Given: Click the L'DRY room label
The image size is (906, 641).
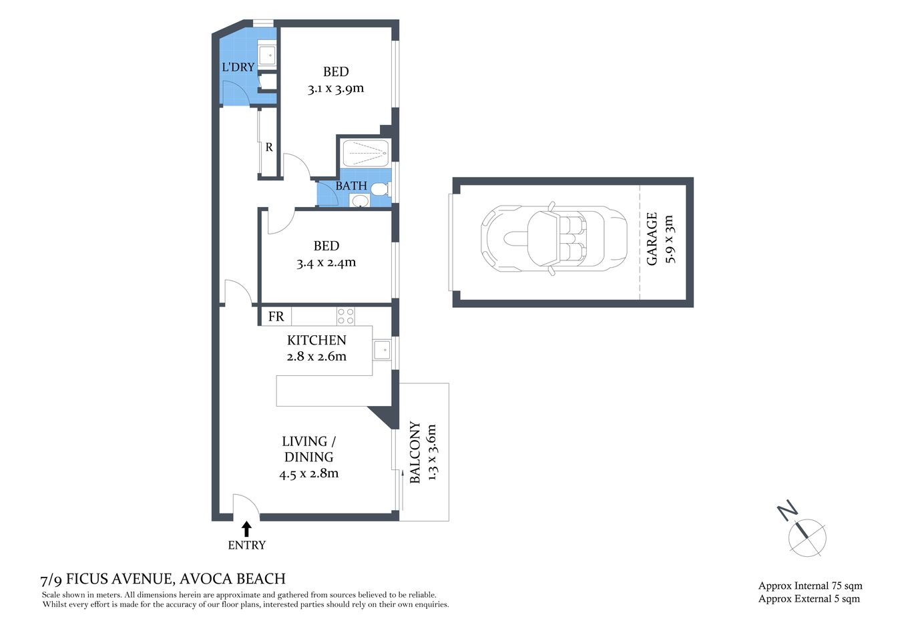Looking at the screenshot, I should tap(238, 67).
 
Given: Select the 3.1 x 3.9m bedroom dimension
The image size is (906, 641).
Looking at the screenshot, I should tap(336, 88).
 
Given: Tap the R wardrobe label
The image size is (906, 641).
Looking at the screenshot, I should tap(269, 148).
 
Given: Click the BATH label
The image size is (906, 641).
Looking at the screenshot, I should tap(351, 186).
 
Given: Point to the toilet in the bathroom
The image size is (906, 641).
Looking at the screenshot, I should tap(379, 189).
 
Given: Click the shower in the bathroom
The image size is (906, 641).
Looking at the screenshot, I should tap(365, 154).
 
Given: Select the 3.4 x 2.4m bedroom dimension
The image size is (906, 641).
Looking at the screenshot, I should tap(326, 262).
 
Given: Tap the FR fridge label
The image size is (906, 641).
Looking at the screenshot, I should tap(276, 316).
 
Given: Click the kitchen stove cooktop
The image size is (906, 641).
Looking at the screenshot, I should tap(345, 316).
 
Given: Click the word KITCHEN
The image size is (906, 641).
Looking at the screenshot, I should tap(316, 340).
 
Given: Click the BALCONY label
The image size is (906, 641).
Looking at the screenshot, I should tap(415, 452).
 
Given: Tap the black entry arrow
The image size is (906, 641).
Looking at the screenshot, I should tap(246, 528).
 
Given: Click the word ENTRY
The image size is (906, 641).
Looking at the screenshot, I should tap(246, 546).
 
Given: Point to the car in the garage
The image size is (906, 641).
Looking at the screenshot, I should tap(553, 238).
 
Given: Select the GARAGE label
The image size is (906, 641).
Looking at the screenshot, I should tap(652, 238).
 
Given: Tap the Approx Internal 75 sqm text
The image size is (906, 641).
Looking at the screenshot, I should tap(810, 586).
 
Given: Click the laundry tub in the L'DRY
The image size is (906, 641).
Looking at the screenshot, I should tap(267, 55).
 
